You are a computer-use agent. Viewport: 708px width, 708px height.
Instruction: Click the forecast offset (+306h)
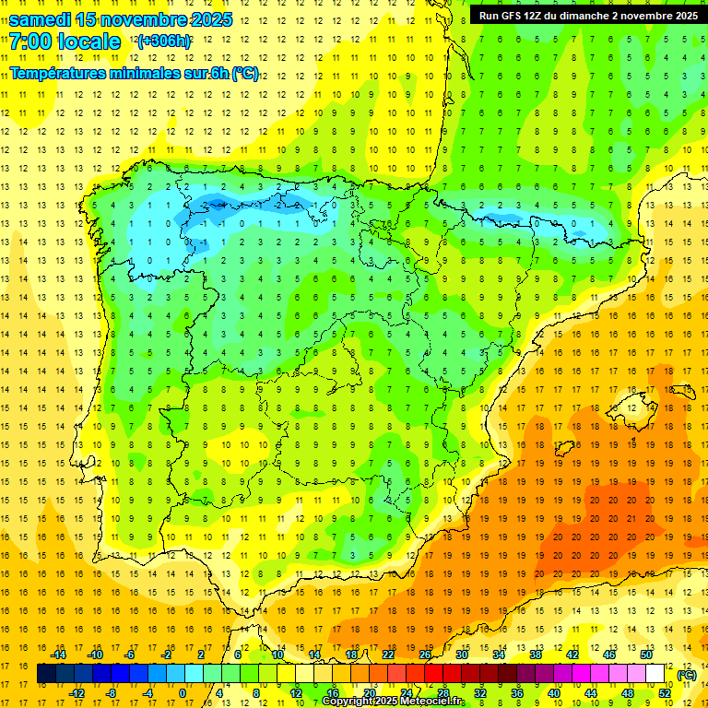[164, 41]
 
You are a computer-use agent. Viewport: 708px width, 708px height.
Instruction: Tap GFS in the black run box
[519, 16]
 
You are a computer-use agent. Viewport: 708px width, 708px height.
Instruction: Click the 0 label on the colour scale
[182, 693]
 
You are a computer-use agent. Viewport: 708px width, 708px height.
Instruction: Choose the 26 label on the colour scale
[425, 655]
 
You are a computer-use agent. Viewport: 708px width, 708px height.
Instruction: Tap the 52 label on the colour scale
[664, 693]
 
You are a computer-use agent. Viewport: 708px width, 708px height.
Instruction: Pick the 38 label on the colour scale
[536, 655]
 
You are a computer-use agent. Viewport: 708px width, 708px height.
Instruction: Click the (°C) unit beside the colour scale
[686, 675]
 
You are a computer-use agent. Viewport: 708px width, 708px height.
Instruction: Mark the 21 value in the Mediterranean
[631, 518]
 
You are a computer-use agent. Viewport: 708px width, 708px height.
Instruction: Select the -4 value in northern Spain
[217, 205]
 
